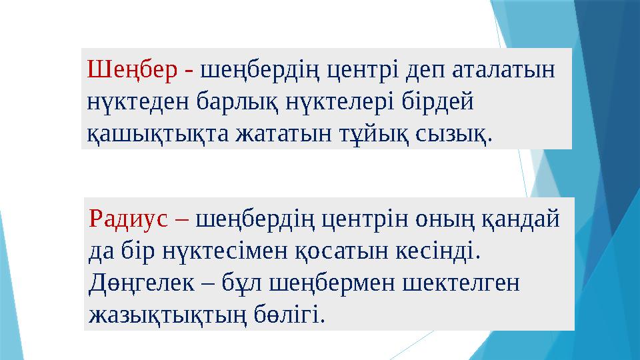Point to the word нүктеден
pyautogui.click(x=140, y=102)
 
